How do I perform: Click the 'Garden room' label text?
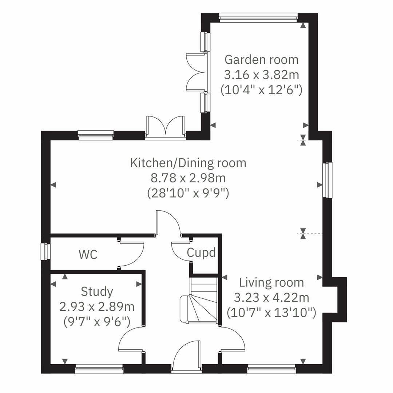[x=261, y=59]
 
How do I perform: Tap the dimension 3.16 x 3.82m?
[x=261, y=75]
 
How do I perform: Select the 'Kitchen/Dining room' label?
[x=188, y=163]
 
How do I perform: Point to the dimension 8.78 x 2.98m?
[x=188, y=178]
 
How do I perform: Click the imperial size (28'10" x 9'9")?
[x=188, y=193]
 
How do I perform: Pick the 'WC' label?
[x=88, y=254]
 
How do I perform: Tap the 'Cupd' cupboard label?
[x=201, y=252]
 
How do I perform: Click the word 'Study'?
[x=97, y=291]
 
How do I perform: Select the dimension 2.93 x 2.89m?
[x=97, y=307]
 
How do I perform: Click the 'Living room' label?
[x=271, y=282]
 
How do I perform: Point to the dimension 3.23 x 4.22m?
[x=271, y=298]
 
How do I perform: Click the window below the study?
[x=99, y=370]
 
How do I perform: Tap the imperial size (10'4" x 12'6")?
[x=261, y=90]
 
